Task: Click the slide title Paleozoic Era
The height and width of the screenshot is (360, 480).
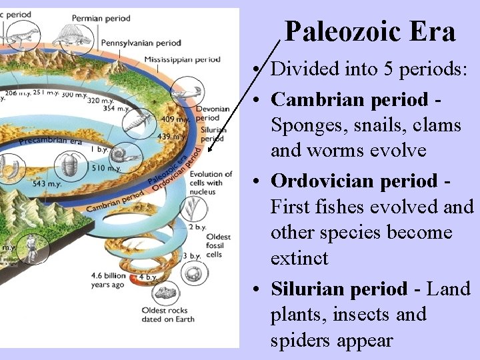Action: point(370,31)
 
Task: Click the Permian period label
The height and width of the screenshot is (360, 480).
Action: point(101,18)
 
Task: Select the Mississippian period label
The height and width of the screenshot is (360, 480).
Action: point(182,59)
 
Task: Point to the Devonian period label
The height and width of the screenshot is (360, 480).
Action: point(213,113)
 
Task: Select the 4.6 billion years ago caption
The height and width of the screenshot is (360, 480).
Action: point(108,280)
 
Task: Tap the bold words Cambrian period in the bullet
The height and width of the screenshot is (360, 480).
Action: point(349,99)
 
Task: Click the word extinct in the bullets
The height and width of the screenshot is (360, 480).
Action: point(299,258)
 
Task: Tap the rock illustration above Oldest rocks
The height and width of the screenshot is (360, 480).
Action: point(163,292)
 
